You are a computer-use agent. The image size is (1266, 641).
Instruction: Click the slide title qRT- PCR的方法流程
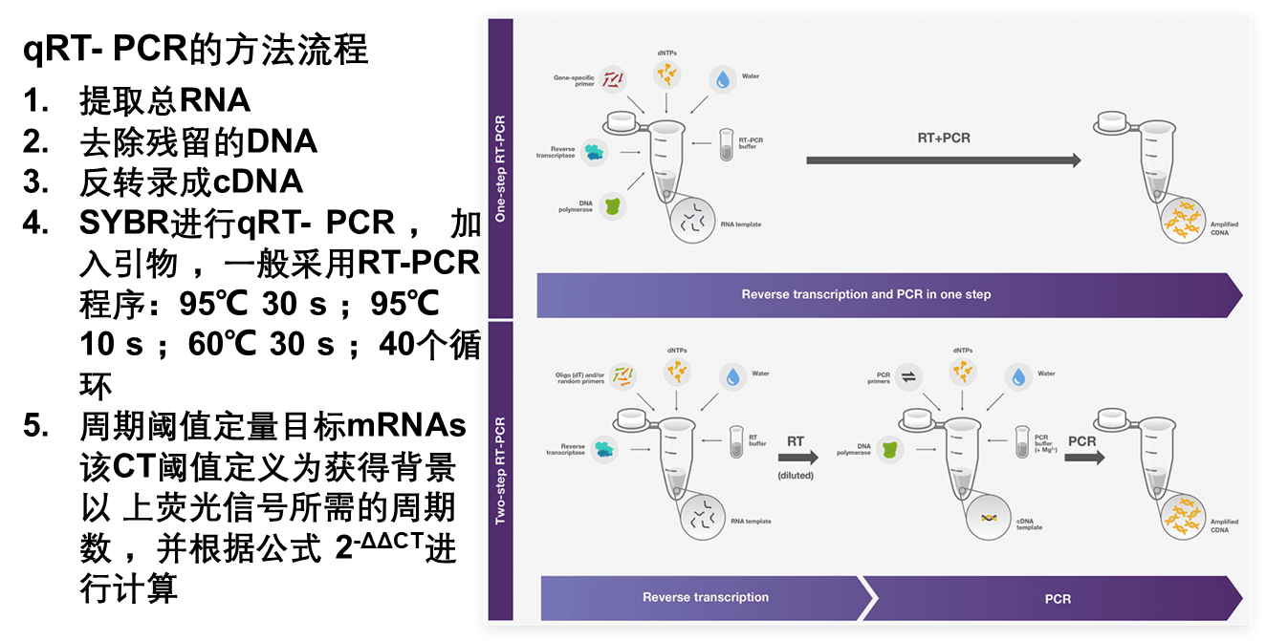(x=196, y=50)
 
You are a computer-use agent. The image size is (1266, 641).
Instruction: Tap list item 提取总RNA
(x=164, y=100)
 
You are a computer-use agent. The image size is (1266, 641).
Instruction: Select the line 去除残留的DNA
(x=198, y=141)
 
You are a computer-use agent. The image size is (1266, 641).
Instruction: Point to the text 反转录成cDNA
(x=191, y=182)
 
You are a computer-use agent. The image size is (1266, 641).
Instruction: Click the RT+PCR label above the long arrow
(x=943, y=138)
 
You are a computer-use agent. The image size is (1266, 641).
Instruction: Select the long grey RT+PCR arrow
(x=943, y=160)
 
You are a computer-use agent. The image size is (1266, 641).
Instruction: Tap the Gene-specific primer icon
(x=613, y=79)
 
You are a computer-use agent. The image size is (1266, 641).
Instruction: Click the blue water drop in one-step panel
(x=722, y=79)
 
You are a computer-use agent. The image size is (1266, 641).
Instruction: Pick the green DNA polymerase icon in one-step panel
(x=613, y=206)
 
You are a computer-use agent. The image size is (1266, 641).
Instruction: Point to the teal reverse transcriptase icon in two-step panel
(x=604, y=450)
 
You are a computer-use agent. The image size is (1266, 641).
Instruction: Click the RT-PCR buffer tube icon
(x=727, y=144)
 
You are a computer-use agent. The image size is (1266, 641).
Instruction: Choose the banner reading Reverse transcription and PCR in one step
(x=889, y=295)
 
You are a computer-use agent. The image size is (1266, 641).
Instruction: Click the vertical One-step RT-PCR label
(x=500, y=168)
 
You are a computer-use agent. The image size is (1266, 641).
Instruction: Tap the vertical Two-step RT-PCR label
(x=500, y=471)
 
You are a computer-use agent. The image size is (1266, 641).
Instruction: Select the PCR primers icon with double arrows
(x=908, y=376)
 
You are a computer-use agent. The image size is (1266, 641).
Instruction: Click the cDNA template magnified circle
(x=989, y=518)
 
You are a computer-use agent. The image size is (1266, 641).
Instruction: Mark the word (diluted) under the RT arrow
(x=796, y=476)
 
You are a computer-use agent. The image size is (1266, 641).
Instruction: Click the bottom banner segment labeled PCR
(x=1053, y=599)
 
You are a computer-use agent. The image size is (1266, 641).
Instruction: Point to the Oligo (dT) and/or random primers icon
(x=622, y=376)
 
